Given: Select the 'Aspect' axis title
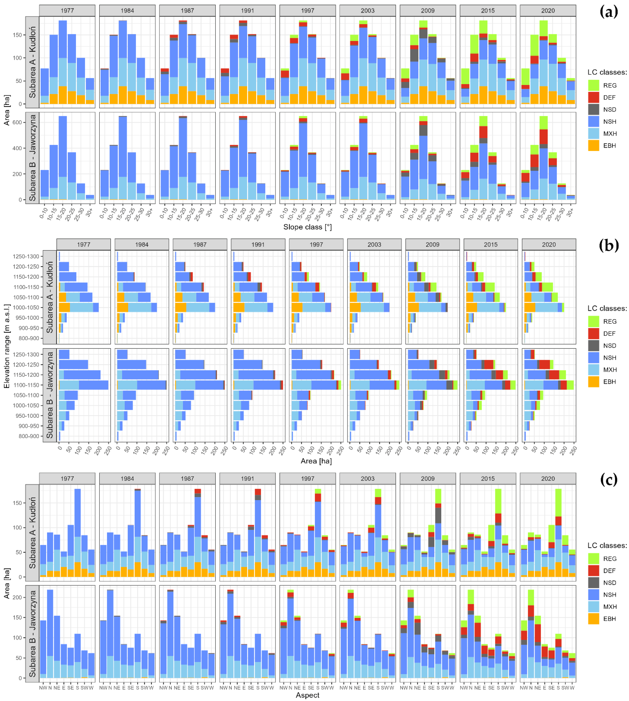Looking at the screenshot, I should tap(307, 695).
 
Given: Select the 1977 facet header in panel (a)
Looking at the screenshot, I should tap(67, 10).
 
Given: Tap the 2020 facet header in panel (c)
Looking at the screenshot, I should tap(548, 478).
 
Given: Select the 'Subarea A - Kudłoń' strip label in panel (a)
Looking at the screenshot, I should tap(32, 62).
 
